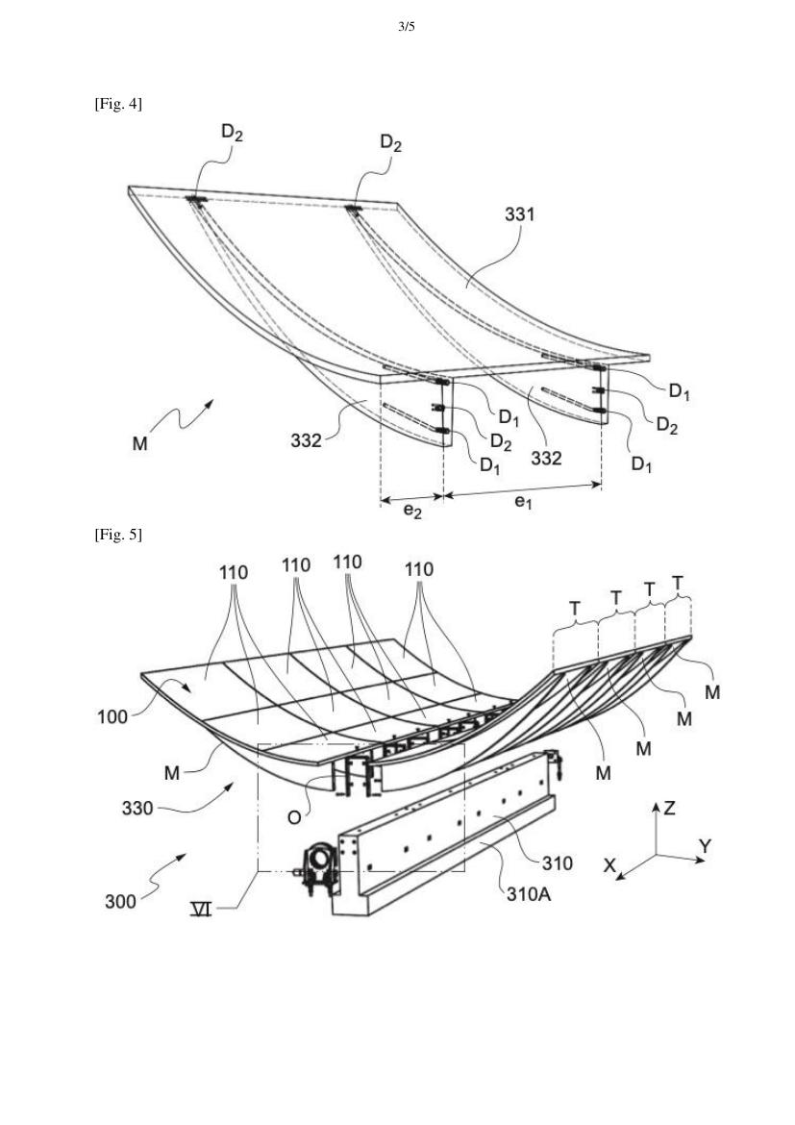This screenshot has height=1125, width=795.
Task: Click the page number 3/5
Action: (406, 27)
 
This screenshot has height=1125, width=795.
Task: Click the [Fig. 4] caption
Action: (118, 104)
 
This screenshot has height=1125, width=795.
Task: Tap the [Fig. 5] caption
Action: (118, 535)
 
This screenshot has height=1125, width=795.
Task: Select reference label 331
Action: (519, 213)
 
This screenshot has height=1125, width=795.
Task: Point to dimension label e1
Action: (523, 502)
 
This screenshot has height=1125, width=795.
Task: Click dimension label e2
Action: (411, 511)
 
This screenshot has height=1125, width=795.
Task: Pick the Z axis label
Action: (669, 809)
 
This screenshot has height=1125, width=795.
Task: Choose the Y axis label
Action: (705, 846)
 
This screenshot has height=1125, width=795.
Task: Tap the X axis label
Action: (609, 866)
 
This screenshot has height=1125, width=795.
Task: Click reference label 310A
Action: (529, 894)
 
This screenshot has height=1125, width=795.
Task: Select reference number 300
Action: (120, 901)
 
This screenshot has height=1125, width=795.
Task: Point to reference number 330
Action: (137, 809)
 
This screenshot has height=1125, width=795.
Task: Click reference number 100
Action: (112, 716)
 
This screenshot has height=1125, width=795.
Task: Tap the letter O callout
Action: (294, 818)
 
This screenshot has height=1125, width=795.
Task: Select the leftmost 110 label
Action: (234, 572)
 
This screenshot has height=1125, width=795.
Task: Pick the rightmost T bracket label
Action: (678, 584)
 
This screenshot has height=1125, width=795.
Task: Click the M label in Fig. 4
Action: (140, 443)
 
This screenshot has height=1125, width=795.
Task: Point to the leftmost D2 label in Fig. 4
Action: (232, 132)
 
